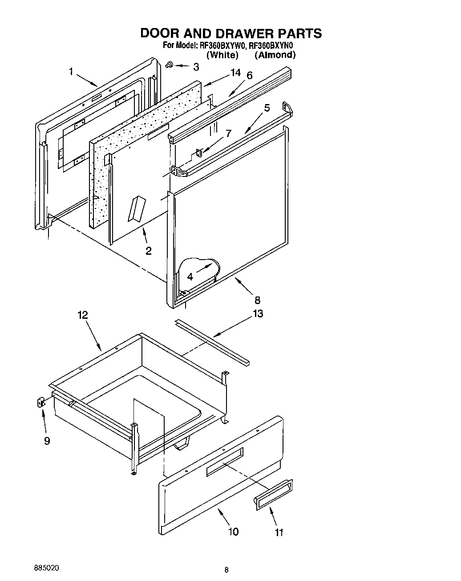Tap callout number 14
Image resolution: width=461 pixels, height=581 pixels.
point(235,73)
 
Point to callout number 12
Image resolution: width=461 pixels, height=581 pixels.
point(82,315)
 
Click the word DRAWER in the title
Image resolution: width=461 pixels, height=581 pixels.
point(230,33)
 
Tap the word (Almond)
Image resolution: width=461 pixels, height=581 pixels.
point(275,55)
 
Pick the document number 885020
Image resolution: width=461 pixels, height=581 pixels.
point(46,569)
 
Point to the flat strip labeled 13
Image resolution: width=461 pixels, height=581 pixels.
point(212,341)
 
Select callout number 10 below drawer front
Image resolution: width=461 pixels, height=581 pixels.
point(233,531)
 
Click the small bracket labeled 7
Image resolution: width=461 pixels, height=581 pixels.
point(199,152)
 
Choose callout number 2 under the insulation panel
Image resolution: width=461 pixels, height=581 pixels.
point(148,251)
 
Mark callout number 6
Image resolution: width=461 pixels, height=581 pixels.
point(249,76)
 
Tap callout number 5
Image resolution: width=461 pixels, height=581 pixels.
point(267,108)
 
